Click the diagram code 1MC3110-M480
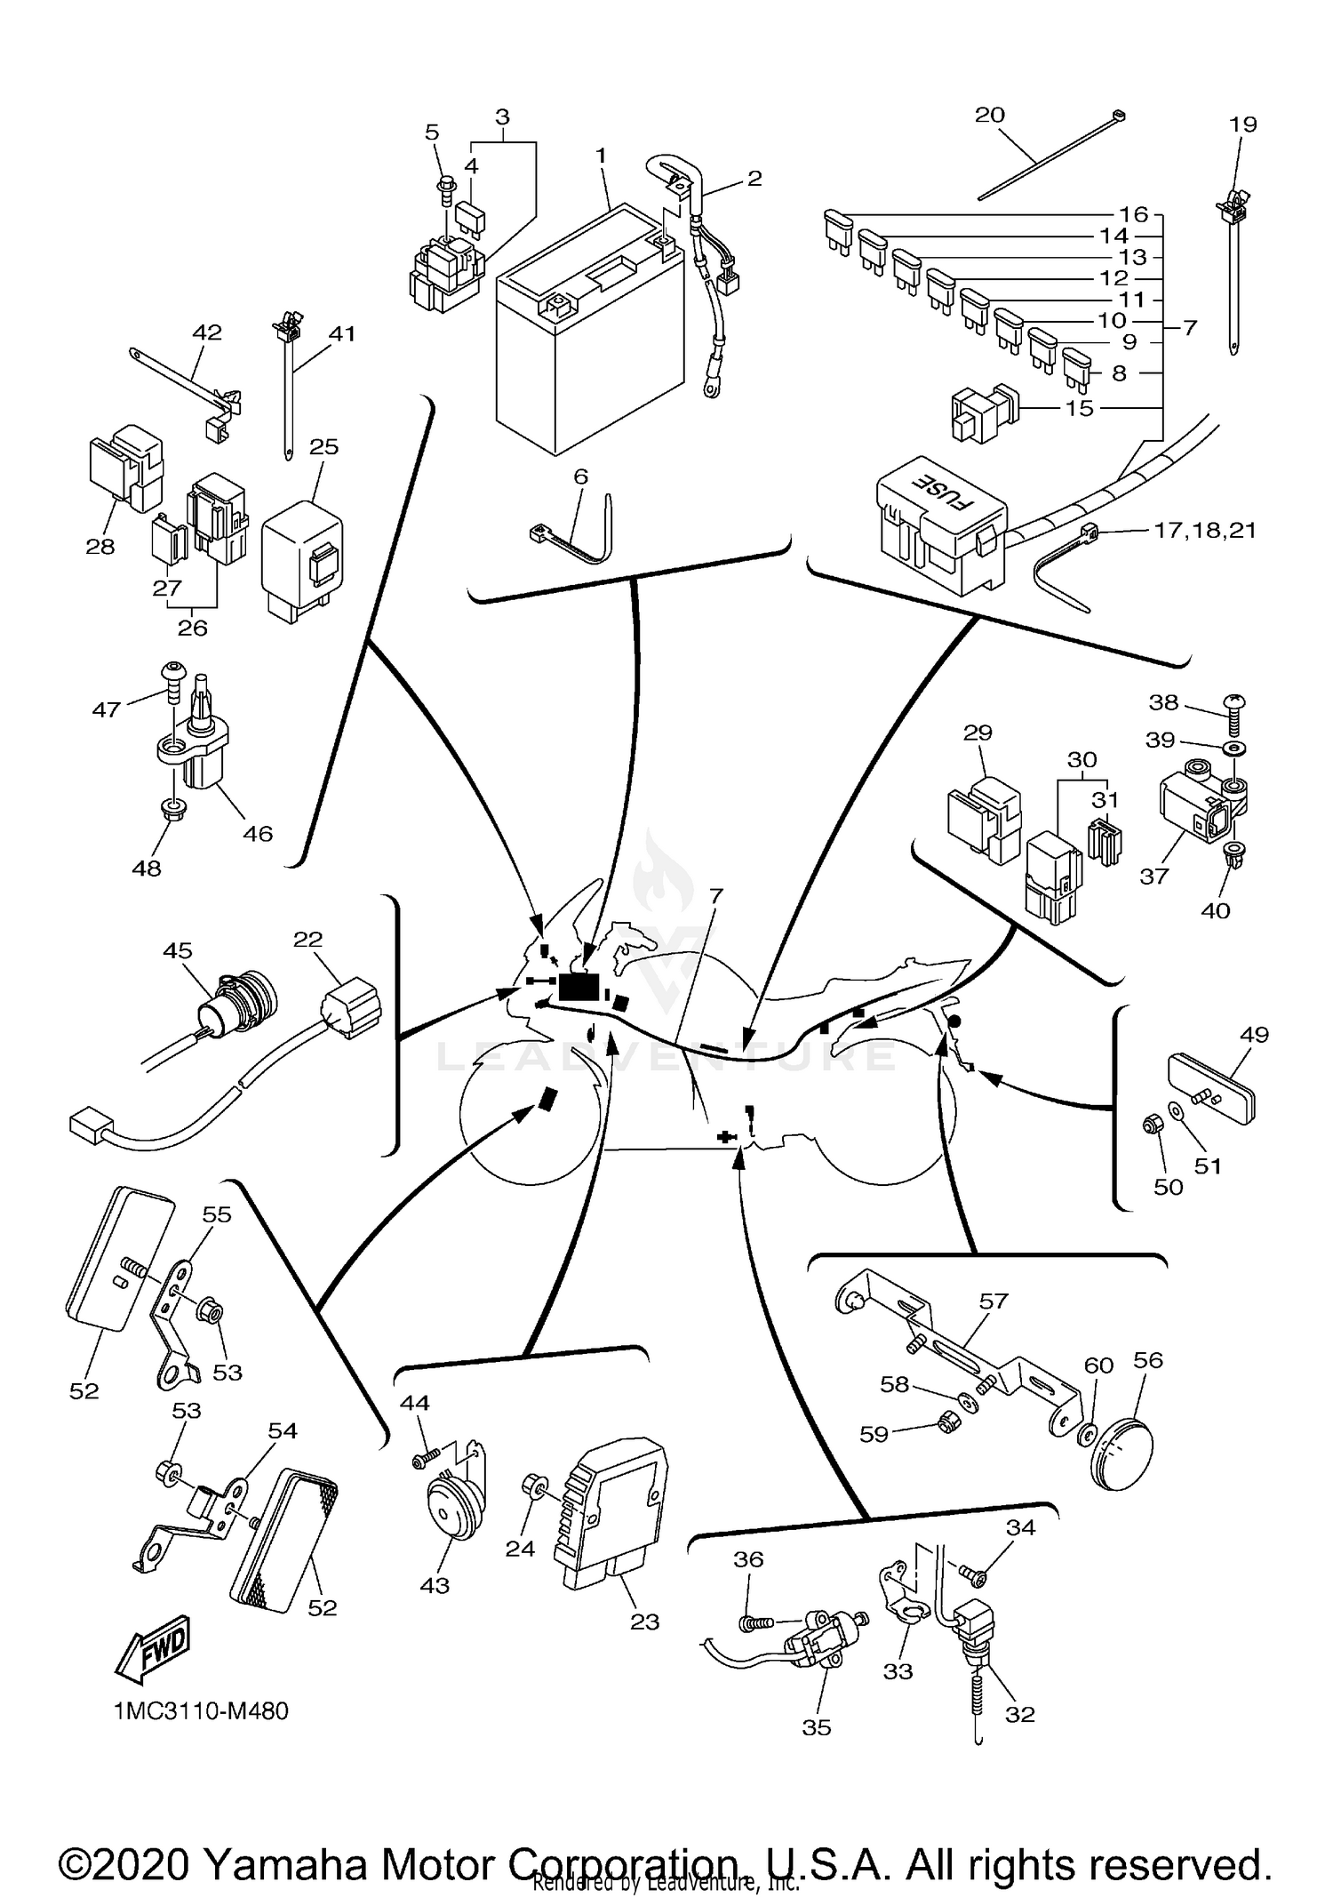(201, 1710)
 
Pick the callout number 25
(324, 446)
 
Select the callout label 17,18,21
(1204, 531)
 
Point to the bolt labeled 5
(444, 188)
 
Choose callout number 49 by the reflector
(1254, 1035)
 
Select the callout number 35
(816, 1726)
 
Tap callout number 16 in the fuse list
(1134, 214)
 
